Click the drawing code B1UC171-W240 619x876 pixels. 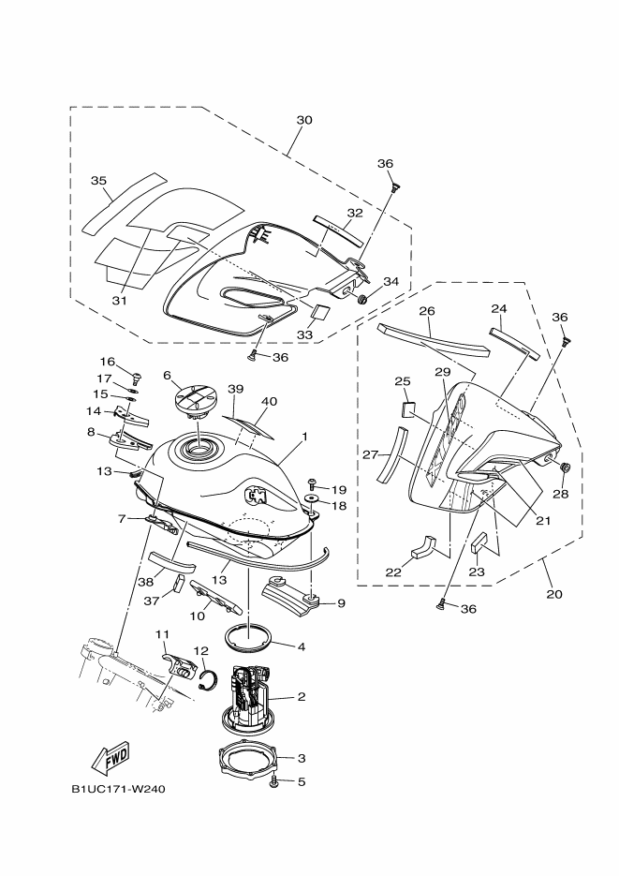(118, 788)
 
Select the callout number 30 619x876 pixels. (303, 120)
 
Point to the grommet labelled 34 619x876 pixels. (361, 300)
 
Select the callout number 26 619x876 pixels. (427, 311)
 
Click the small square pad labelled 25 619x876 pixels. (408, 408)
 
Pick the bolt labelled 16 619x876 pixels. (136, 378)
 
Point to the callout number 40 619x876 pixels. (270, 401)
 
